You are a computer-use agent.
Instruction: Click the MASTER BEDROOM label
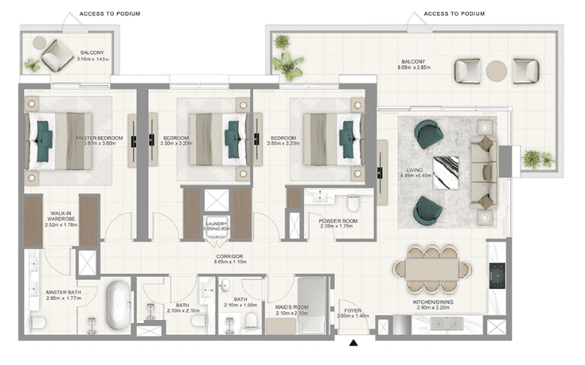click(x=100, y=138)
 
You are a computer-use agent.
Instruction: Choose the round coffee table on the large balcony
click(x=497, y=71)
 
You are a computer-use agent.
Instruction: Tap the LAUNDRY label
click(x=217, y=224)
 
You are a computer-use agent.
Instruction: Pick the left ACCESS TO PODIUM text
click(x=109, y=14)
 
